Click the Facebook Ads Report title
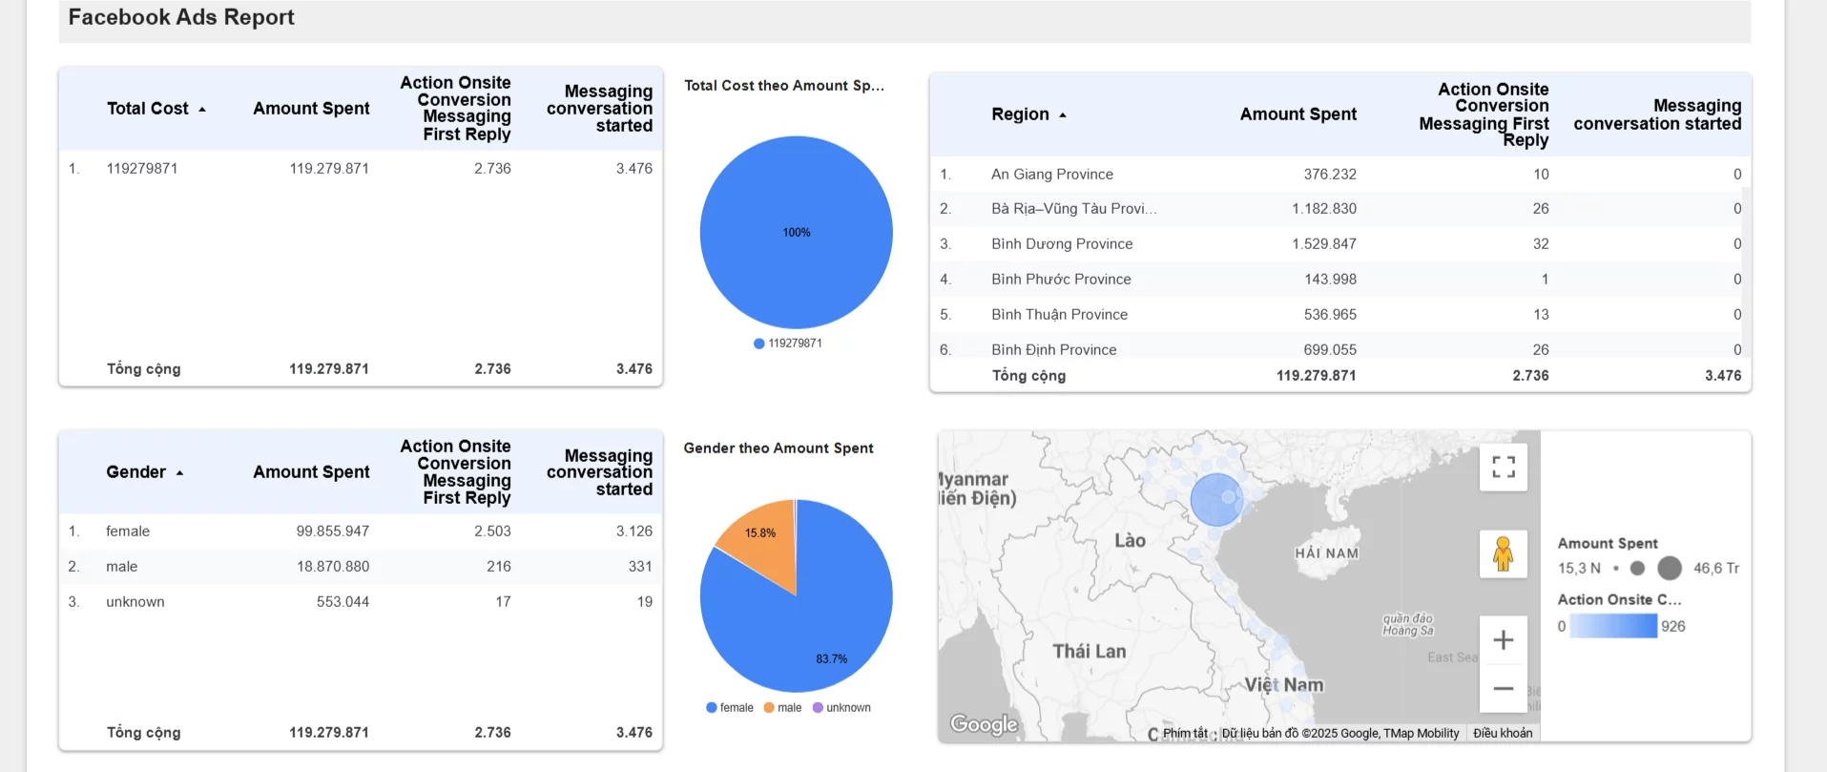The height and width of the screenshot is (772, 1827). tap(181, 17)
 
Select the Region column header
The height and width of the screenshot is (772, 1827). tap(1020, 115)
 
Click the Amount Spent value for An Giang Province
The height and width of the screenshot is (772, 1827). tap(1329, 174)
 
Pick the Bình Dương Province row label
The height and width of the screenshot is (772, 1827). tap(1061, 244)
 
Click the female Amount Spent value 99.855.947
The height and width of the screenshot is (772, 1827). tap(332, 532)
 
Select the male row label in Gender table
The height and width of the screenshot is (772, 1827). tap(122, 567)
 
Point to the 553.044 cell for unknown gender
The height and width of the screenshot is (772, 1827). tap(343, 602)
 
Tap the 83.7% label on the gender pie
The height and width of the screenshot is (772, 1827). tap(831, 659)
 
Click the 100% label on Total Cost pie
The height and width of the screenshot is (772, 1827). tap(797, 233)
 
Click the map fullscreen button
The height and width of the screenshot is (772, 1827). tap(1503, 467)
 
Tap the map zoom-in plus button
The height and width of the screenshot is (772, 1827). tap(1503, 640)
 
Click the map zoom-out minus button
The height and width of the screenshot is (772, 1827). tap(1503, 689)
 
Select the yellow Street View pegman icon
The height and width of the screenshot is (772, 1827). tap(1503, 554)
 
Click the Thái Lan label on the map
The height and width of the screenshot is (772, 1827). tap(1089, 652)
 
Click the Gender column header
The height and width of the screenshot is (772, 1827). tap(136, 472)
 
